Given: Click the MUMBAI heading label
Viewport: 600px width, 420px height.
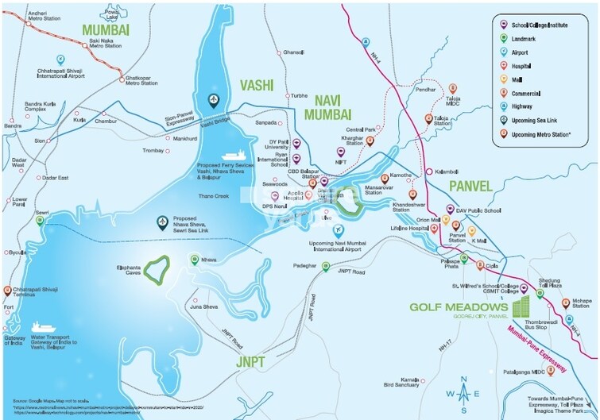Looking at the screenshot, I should pos(109,30).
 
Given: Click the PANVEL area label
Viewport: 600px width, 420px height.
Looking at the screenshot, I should pos(471,186).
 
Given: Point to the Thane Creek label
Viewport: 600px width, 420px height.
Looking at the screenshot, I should pos(212,195).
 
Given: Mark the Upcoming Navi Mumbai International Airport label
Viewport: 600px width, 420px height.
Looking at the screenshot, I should pos(335,245).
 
